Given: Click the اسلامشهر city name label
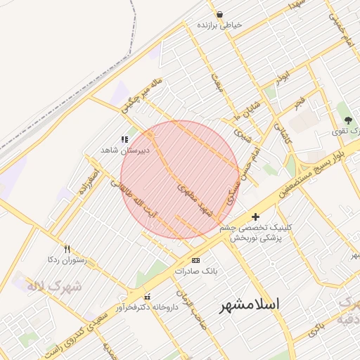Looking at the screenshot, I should tap(250, 304).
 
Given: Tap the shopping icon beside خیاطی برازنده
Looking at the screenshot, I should tap(220, 14).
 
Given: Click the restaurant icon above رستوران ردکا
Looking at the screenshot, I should tap(67, 249).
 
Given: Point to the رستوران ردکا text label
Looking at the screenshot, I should tap(65, 260).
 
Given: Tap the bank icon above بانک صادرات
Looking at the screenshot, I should tap(195, 260).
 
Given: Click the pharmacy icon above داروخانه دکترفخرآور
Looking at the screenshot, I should tap(147, 297).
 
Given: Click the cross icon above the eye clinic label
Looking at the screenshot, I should tap(255, 217).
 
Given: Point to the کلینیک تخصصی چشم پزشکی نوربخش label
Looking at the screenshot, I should tap(255, 233).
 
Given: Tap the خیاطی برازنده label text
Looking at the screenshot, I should tap(219, 25).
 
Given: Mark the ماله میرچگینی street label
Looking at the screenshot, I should tap(141, 96).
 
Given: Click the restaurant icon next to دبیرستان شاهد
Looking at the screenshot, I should tap(124, 140).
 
